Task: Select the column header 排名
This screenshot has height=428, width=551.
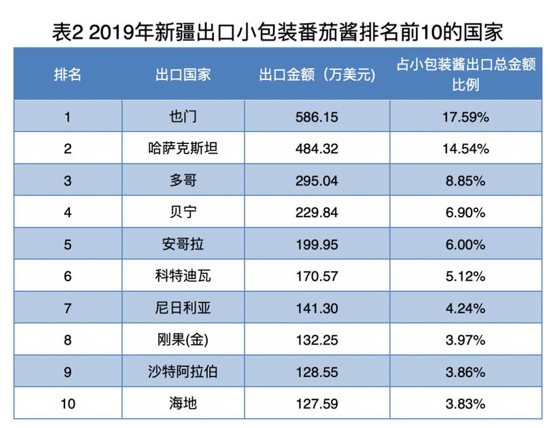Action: point(68,74)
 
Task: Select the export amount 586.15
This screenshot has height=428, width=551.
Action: point(317,117)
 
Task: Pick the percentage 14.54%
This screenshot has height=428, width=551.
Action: point(466,148)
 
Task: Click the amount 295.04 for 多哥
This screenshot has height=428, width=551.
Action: point(317,180)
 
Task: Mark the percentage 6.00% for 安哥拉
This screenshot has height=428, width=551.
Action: point(466,244)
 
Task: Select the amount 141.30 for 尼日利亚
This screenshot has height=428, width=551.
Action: point(317,308)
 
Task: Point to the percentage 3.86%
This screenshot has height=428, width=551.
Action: point(466,372)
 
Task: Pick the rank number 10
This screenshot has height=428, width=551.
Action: point(68,404)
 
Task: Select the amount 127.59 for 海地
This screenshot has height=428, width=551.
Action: point(317,404)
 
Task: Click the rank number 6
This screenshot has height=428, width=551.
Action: point(68,276)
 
